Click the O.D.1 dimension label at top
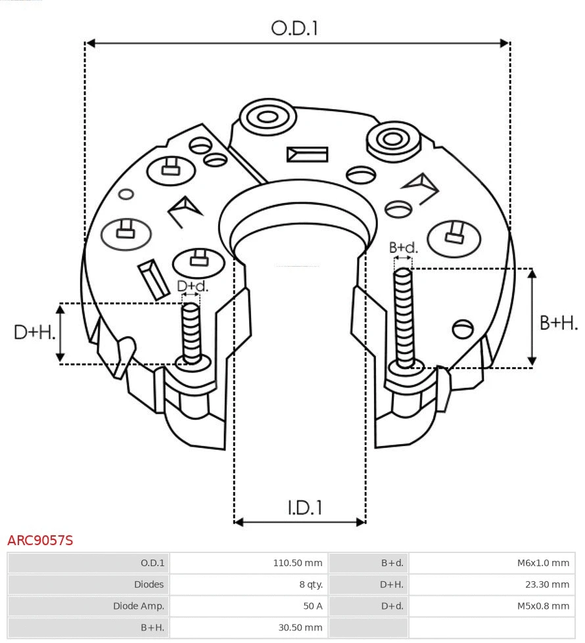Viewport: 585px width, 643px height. (294, 28)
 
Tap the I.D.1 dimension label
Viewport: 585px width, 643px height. (304, 507)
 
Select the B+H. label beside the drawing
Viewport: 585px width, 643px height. (558, 322)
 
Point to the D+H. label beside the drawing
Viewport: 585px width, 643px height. (34, 332)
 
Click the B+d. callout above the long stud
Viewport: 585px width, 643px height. (403, 248)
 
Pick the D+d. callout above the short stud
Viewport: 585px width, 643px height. (192, 286)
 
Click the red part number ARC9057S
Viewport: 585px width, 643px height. (40, 541)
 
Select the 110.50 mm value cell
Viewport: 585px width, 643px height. (298, 563)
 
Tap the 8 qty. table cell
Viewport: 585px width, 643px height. (310, 585)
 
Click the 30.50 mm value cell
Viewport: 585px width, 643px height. (300, 627)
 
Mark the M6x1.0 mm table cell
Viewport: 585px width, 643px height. (543, 563)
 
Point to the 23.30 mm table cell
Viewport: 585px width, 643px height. (547, 585)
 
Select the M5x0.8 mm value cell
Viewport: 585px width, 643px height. (543, 606)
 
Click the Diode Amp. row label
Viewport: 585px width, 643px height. (139, 606)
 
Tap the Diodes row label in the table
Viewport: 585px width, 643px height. (149, 585)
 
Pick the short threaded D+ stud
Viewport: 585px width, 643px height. (191, 332)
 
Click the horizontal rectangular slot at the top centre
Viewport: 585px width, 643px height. (307, 154)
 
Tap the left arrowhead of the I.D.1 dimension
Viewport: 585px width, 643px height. (239, 522)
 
